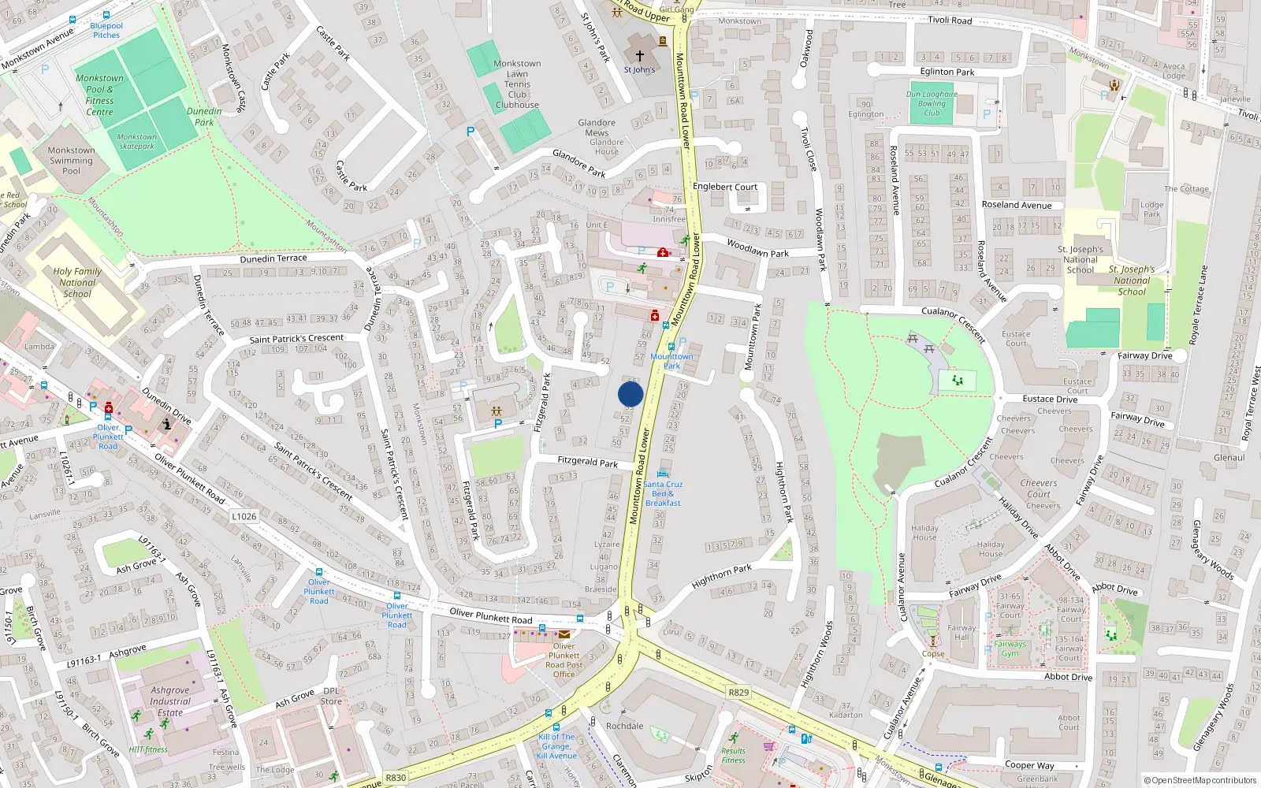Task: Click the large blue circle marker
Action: point(630,394)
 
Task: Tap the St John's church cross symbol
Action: point(639,56)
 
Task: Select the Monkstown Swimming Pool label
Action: point(70,161)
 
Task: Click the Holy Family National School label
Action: point(77,282)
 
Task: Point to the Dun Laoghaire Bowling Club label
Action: point(932,103)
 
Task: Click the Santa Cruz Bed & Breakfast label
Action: point(663,493)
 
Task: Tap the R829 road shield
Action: point(738,693)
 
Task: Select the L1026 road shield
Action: point(244,516)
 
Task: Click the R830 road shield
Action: point(396,778)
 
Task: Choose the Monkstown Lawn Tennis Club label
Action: point(517,84)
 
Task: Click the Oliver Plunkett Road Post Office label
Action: point(564,660)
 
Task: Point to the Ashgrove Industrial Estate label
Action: point(169,701)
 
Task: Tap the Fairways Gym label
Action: point(1010,649)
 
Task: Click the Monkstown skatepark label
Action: point(137,141)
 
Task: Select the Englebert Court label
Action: point(724,187)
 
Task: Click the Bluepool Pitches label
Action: point(106,30)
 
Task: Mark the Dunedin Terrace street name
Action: point(273,258)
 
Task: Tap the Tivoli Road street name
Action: point(950,20)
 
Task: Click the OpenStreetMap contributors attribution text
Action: point(1200,780)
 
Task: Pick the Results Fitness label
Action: point(733,756)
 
